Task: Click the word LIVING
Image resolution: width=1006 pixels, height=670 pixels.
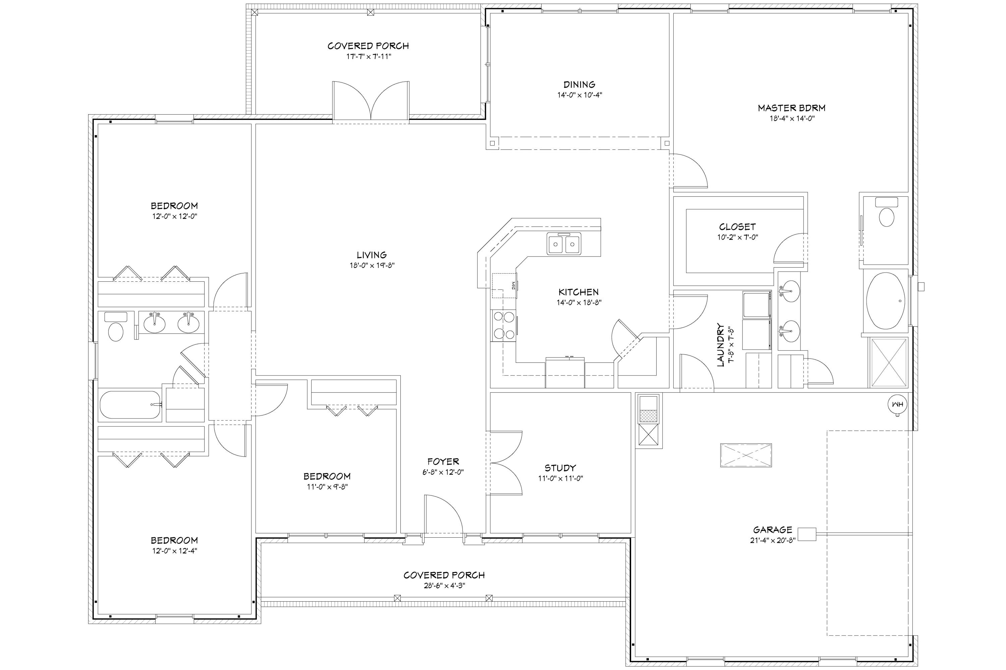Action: [x=371, y=255]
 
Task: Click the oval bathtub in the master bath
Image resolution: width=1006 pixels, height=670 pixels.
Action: [x=886, y=301]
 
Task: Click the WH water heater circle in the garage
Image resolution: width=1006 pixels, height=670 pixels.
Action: [x=897, y=404]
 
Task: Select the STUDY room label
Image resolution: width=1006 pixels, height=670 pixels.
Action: [x=560, y=468]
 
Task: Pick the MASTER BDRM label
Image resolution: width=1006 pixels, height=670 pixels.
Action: [x=792, y=108]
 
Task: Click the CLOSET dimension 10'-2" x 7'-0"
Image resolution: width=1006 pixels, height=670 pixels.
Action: [x=737, y=237]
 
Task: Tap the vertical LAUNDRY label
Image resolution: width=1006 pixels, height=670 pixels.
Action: [x=720, y=345]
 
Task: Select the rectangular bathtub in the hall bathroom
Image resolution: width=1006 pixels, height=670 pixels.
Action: [x=130, y=404]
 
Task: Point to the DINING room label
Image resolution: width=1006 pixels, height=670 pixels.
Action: [x=579, y=85]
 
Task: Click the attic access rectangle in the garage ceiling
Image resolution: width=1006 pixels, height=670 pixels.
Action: [x=746, y=455]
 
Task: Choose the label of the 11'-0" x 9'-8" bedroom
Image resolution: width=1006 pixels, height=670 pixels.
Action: [x=327, y=476]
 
